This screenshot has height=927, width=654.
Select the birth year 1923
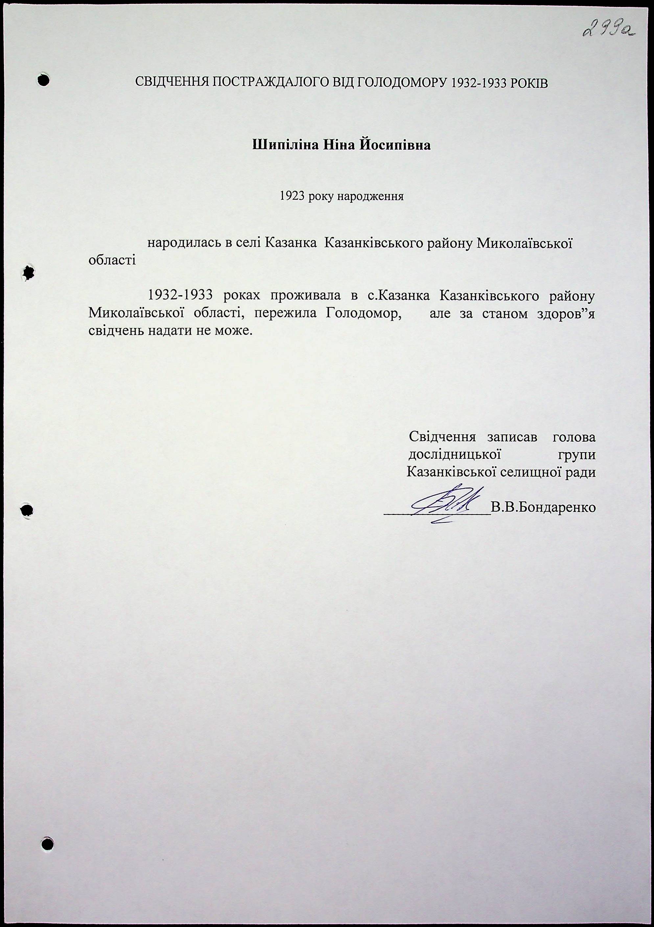pos(292,197)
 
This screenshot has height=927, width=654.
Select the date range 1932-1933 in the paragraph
pos(180,296)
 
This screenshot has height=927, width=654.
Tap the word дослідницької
pos(455,454)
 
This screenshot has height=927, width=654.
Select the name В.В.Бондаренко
pos(543,507)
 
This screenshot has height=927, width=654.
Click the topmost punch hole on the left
pos(43,79)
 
